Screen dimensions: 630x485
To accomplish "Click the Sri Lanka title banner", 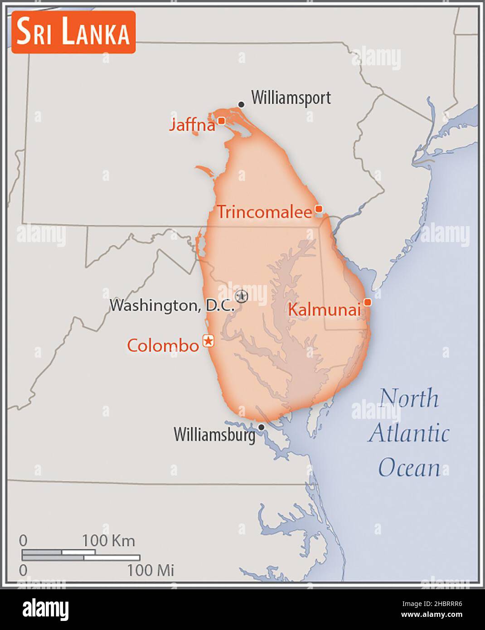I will click(x=73, y=33).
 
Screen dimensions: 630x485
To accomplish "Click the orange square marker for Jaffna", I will click(x=221, y=121).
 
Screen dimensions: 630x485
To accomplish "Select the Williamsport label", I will click(x=291, y=98).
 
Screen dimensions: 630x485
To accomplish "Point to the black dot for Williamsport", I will click(x=241, y=105).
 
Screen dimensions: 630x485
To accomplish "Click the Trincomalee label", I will click(x=264, y=212).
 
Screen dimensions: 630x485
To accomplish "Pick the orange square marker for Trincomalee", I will click(x=319, y=209).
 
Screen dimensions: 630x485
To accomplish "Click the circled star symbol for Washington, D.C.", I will click(x=242, y=296).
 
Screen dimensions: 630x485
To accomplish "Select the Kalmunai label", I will click(x=325, y=310).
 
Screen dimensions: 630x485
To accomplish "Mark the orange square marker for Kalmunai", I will click(x=368, y=302).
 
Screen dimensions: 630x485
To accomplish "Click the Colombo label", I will click(x=163, y=346).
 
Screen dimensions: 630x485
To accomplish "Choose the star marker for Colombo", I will click(x=209, y=340).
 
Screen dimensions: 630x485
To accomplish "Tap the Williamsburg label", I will click(x=214, y=435).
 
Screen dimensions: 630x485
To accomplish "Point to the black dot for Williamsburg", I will click(x=261, y=427).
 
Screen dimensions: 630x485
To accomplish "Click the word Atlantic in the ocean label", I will click(x=409, y=433).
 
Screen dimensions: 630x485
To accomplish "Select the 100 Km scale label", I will click(x=108, y=541).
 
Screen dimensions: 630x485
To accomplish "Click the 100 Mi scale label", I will click(x=150, y=570).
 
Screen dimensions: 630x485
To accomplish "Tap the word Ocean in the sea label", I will click(x=409, y=468).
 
